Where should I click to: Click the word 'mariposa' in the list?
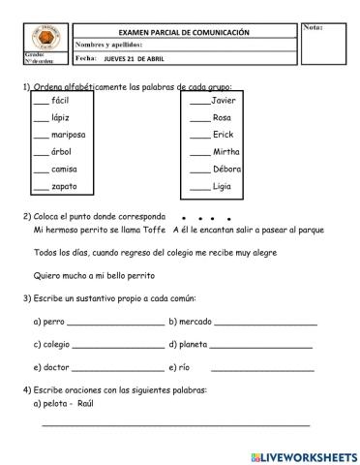click(x=69, y=135)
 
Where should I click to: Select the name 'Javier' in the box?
click(x=224, y=100)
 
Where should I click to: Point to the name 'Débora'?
click(x=225, y=169)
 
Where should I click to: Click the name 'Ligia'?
click(x=222, y=186)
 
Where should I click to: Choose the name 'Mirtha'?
click(x=225, y=152)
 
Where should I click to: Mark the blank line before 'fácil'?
click(x=40, y=103)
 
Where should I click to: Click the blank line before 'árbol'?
click(x=40, y=154)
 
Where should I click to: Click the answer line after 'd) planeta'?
click(x=260, y=346)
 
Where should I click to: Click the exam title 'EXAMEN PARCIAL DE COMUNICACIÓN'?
click(x=184, y=32)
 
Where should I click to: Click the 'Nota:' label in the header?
click(x=315, y=28)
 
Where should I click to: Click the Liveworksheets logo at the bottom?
click(x=303, y=454)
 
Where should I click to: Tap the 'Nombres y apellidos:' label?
click(x=109, y=45)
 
